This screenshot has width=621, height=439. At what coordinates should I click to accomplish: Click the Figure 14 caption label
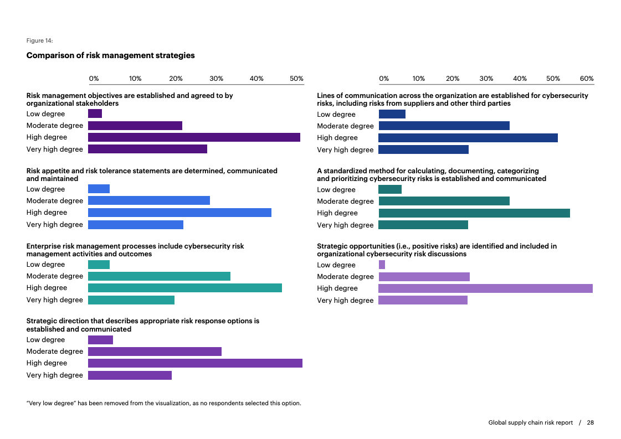40,40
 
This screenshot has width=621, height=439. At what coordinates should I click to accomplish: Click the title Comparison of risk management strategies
110,55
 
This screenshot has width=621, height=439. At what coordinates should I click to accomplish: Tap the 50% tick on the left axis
297,79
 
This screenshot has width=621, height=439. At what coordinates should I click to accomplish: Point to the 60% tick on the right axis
587,79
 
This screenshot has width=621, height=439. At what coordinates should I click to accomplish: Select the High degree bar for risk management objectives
194,137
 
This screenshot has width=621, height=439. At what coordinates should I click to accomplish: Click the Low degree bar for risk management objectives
95,114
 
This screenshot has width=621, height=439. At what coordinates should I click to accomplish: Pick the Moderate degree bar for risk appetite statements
149,200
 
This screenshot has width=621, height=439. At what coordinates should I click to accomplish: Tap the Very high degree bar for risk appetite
136,225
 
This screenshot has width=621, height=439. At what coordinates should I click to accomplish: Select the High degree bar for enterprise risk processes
185,288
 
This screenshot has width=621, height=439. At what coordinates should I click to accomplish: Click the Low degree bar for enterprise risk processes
99,265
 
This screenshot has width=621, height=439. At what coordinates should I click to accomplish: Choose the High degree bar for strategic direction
195,363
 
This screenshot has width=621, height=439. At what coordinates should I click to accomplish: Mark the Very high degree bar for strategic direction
130,375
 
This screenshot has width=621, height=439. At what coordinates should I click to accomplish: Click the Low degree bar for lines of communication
392,114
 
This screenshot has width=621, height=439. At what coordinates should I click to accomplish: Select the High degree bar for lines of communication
468,138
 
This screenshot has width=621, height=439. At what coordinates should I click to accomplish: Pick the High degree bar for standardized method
474,213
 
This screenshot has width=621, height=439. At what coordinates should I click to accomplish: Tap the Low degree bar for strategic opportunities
382,265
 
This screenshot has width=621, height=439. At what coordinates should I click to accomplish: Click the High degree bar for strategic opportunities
485,288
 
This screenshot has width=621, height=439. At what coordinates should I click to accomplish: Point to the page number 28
591,422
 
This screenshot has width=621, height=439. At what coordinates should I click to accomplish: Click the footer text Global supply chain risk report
530,422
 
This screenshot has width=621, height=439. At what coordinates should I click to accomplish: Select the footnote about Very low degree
163,403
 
